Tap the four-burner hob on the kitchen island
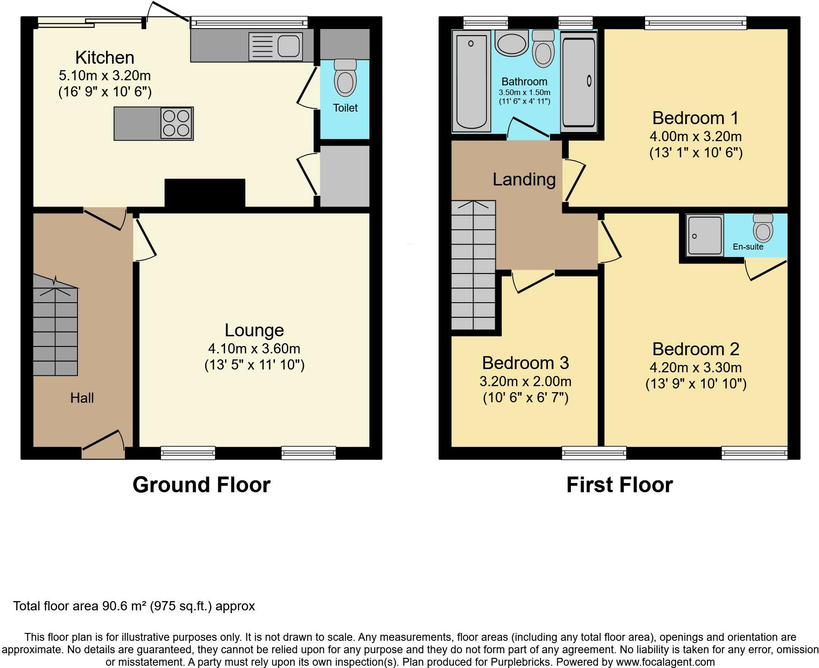tap(177, 123)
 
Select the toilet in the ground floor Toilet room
tap(345, 77)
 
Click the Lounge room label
tap(254, 330)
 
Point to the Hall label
tap(82, 398)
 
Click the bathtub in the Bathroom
tap(471, 81)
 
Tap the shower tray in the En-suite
tap(705, 236)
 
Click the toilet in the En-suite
tap(763, 228)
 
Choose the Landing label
tap(524, 179)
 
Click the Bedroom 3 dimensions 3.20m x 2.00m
tap(525, 382)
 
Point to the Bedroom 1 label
tap(695, 118)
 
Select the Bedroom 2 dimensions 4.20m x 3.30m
tap(695, 368)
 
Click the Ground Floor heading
tap(202, 485)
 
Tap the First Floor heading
tap(619, 485)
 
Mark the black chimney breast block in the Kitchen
tap(205, 193)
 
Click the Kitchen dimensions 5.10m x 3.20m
tap(105, 76)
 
